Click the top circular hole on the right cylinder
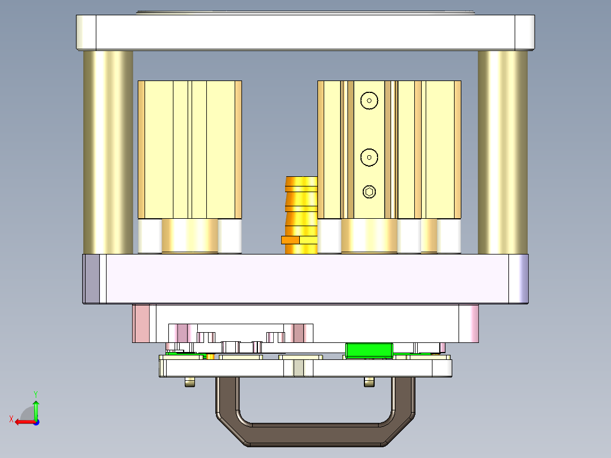(369, 101)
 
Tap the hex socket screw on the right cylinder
(369, 192)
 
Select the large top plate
(305, 32)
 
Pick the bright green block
(369, 351)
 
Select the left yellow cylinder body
(189, 149)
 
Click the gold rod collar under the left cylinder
(190, 236)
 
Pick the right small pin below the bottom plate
(369, 383)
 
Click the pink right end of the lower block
(469, 323)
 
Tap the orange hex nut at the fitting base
(290, 240)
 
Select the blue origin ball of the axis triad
(36, 422)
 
